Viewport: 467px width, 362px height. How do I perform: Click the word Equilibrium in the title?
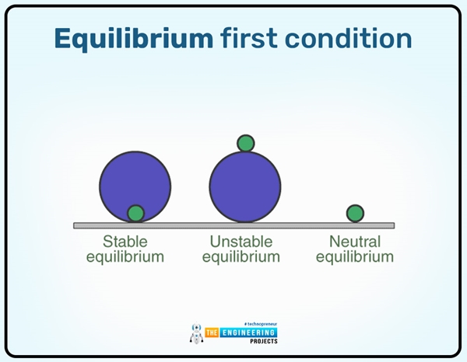133,40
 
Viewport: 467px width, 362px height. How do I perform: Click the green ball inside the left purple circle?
135,213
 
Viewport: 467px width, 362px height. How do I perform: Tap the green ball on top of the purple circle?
246,143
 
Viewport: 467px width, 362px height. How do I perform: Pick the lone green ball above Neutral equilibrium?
355,213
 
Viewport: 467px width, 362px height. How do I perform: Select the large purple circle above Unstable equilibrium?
245,186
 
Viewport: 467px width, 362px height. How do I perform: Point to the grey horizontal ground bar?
233,225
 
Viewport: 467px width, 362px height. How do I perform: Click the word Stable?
125,242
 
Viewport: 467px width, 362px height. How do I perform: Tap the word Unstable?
241,242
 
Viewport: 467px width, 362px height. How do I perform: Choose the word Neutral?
354,242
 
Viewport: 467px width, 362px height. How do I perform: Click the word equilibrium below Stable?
125,257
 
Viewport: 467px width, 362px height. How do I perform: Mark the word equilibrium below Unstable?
241,257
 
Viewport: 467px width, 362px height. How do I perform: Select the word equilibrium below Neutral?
354,257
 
